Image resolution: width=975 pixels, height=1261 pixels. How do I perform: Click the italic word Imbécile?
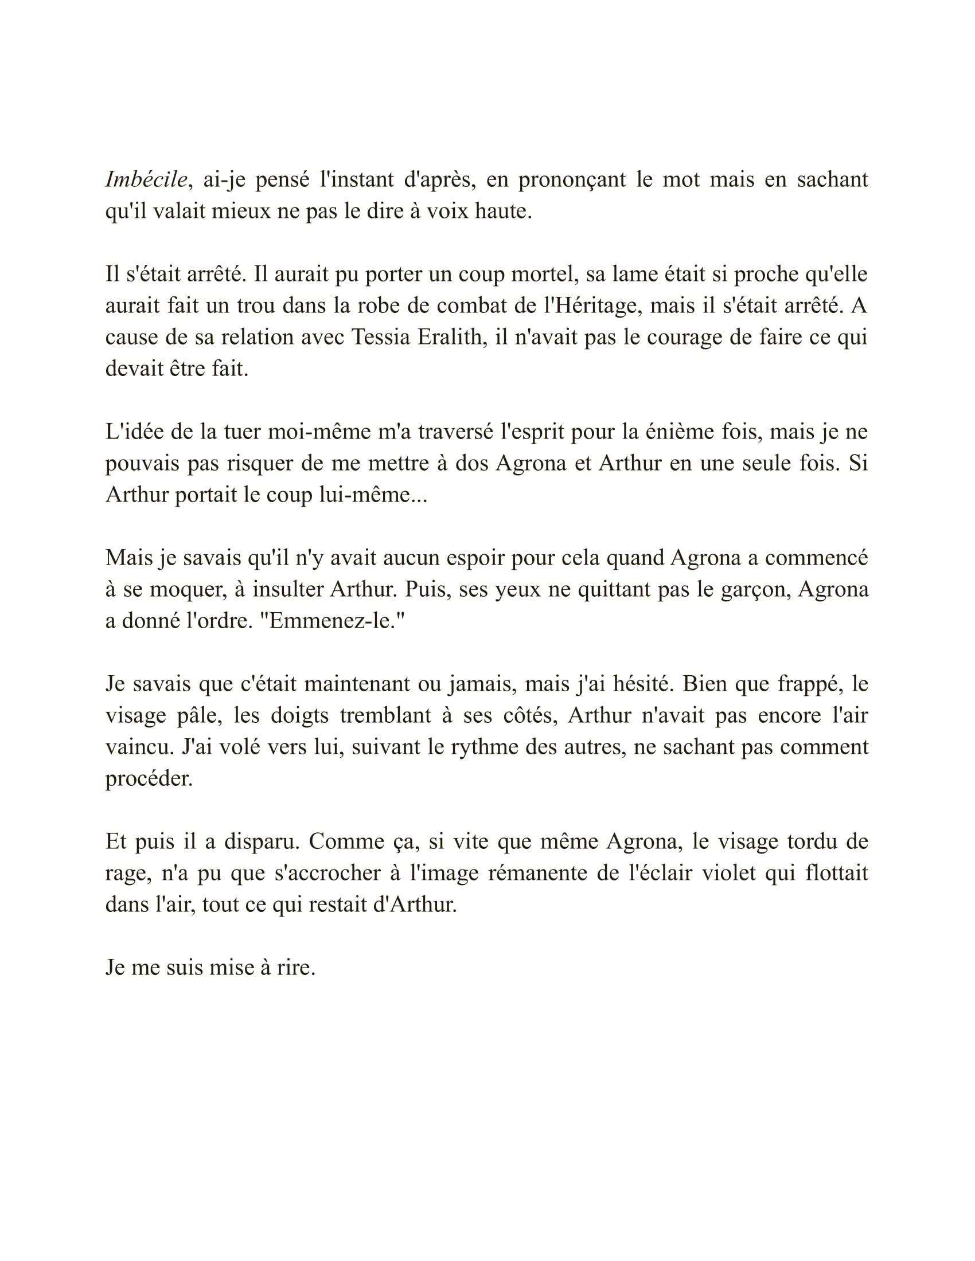pyautogui.click(x=147, y=179)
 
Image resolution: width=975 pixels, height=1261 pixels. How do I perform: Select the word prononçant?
pyautogui.click(x=572, y=179)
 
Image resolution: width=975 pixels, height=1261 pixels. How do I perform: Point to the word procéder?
pyautogui.click(x=149, y=779)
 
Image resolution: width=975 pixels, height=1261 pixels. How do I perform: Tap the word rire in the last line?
pyautogui.click(x=296, y=968)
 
